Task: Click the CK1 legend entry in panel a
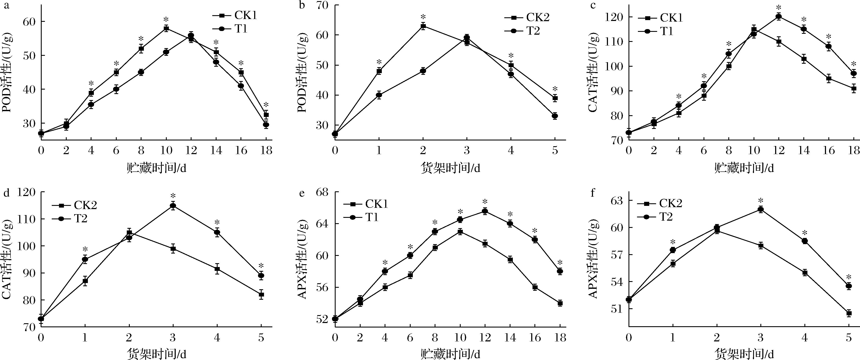235,15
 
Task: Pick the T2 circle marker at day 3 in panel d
173,206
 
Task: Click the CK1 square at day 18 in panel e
560,303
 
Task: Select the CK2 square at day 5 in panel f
849,313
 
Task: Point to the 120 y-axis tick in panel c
614,17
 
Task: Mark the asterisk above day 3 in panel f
761,201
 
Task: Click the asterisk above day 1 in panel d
85,249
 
